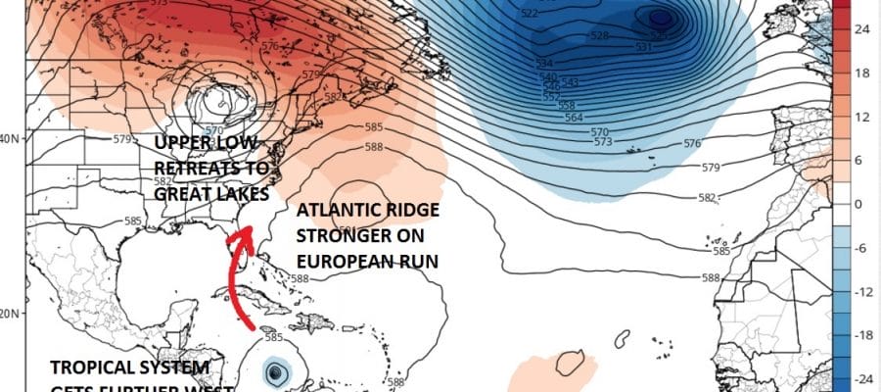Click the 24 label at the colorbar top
coord(862,29)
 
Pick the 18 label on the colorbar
coord(862,73)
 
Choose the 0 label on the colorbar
coord(858,204)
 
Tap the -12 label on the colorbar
coord(862,292)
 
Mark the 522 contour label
coord(530,13)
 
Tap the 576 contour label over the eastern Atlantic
coord(692,144)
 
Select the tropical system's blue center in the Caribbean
coord(278,371)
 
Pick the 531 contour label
coord(643,47)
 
